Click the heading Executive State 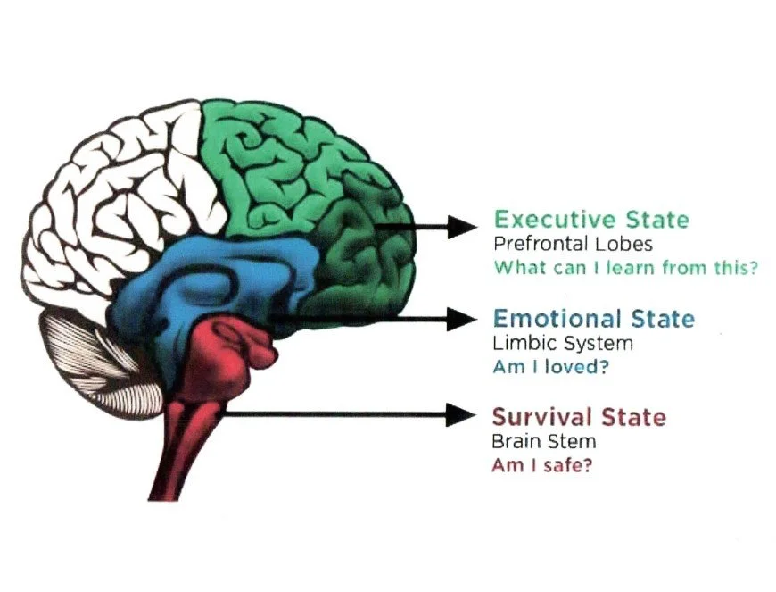pyautogui.click(x=591, y=220)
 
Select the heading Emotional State pyautogui.click(x=593, y=319)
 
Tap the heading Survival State pyautogui.click(x=579, y=417)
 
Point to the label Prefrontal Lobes pyautogui.click(x=573, y=244)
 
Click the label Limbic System pyautogui.click(x=563, y=343)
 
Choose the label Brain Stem pyautogui.click(x=544, y=441)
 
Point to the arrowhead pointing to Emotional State pyautogui.click(x=462, y=318)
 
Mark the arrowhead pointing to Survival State pyautogui.click(x=462, y=414)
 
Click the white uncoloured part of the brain pyautogui.click(x=116, y=196)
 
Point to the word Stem pyautogui.click(x=575, y=441)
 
